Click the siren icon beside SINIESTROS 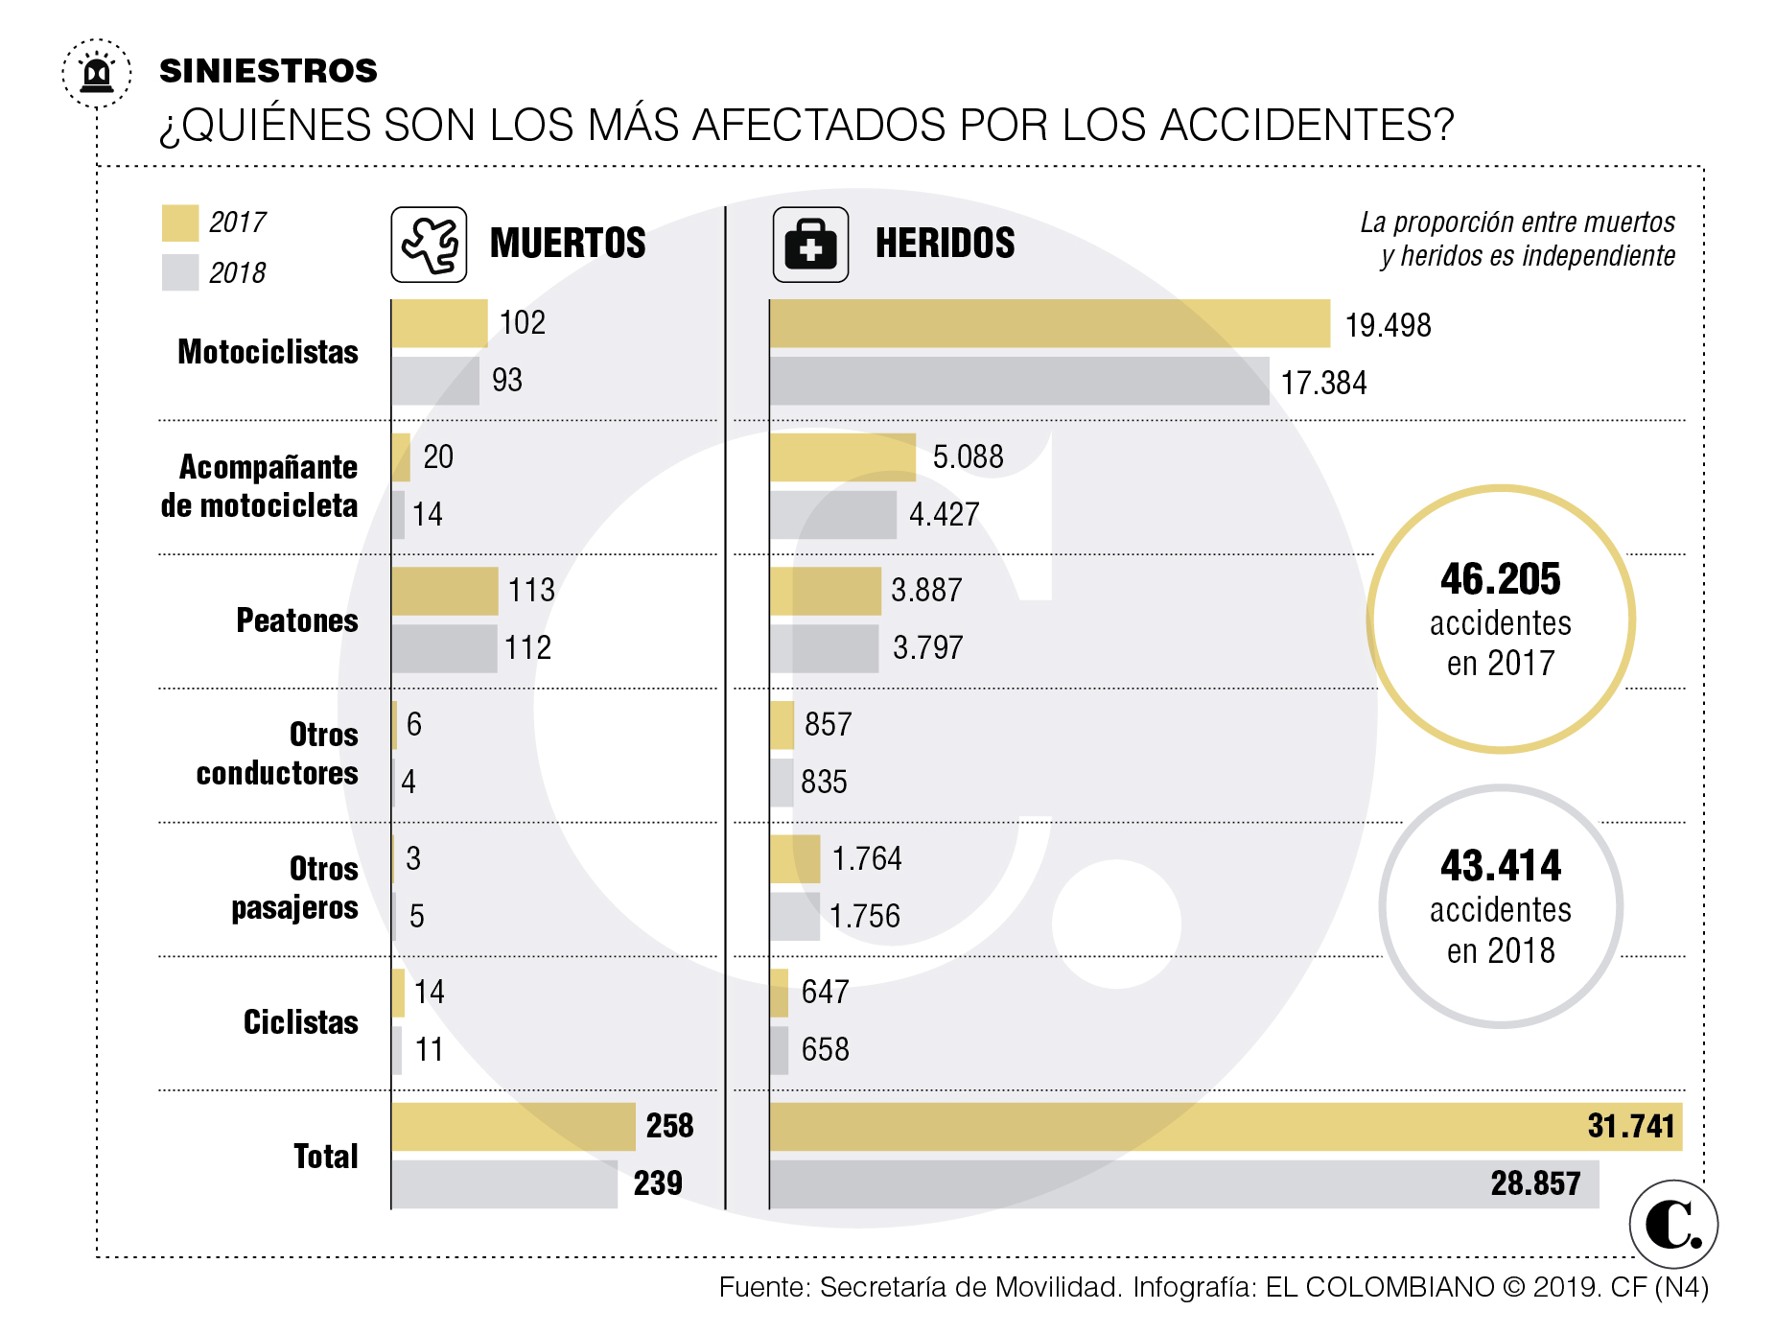[x=97, y=73]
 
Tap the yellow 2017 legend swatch [x=180, y=222]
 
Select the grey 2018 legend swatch [x=180, y=272]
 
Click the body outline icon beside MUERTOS [x=429, y=245]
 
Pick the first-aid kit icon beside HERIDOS [x=810, y=245]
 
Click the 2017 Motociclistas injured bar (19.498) [x=1049, y=323]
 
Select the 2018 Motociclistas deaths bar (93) [x=435, y=381]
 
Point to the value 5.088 [x=968, y=456]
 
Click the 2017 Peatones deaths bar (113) [x=444, y=591]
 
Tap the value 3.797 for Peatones [x=927, y=648]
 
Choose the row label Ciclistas [x=300, y=1022]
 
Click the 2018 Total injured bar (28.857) [x=1183, y=1184]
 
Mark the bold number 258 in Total [x=669, y=1126]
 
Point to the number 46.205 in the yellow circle [x=1500, y=579]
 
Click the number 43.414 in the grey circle [x=1500, y=866]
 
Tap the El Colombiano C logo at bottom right [x=1672, y=1225]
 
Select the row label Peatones [x=297, y=620]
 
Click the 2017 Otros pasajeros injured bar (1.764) [x=794, y=859]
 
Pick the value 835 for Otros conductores [x=824, y=783]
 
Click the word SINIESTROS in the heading [x=269, y=71]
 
